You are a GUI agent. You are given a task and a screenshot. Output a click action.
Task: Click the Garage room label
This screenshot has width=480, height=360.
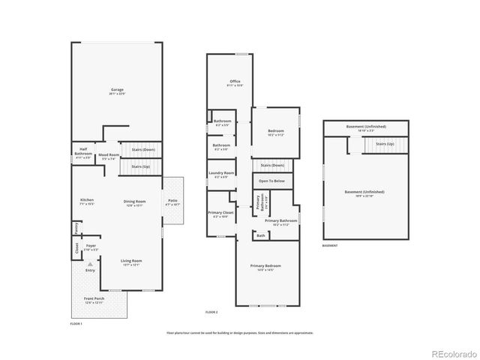tap(116, 91)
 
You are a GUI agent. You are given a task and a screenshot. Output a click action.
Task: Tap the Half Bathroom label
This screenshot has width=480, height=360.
tap(83, 155)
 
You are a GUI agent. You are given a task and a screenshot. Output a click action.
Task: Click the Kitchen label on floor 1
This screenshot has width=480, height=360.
tap(87, 200)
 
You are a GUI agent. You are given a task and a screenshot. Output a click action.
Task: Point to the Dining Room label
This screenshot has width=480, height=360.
tap(135, 201)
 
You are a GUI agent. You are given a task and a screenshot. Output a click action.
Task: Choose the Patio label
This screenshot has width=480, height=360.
tap(172, 200)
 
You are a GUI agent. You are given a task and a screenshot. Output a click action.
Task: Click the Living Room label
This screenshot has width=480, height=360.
tap(131, 261)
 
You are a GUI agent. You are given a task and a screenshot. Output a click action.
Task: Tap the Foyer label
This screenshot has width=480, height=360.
tap(91, 245)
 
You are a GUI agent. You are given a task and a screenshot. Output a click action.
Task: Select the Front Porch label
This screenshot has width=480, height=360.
tap(94, 299)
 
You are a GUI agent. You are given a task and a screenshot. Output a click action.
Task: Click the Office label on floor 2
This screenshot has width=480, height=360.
tap(235, 82)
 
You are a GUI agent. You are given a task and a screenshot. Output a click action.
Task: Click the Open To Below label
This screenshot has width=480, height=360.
tap(271, 181)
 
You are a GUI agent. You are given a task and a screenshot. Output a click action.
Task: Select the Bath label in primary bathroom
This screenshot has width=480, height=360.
tap(260, 235)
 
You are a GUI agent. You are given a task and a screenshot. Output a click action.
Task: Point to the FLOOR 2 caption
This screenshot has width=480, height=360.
tap(211, 311)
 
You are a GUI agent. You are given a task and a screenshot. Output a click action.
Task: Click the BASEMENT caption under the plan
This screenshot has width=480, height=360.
tap(330, 245)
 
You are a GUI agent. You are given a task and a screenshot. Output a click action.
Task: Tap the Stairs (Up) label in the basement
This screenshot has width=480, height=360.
tap(385, 143)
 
